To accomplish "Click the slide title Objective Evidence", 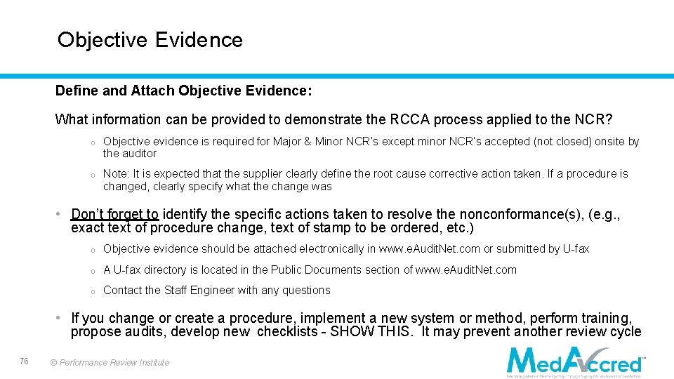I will tap(150, 40).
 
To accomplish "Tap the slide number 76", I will tap(25, 361).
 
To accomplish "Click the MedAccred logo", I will tap(575, 361).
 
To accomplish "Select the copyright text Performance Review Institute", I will tap(114, 363).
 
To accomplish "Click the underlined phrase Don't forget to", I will tap(115, 215).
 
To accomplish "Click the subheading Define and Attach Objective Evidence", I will tap(183, 91).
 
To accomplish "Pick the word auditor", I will tap(140, 154).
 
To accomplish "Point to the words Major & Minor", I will tap(308, 142).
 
